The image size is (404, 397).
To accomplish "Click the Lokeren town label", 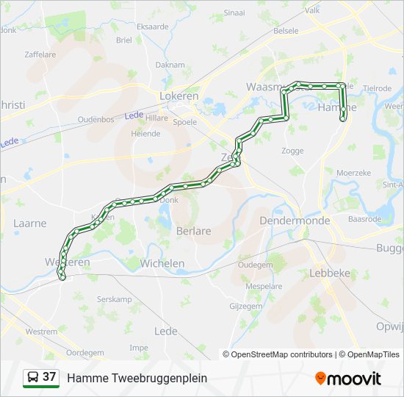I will click(179, 96).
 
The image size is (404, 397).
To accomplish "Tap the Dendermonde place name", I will click(294, 221).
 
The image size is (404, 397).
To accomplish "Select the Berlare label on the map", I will click(194, 231).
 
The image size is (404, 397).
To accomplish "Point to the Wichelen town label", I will click(162, 262).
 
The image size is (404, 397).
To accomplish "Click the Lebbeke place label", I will click(330, 272).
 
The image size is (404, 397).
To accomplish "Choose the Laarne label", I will click(29, 223).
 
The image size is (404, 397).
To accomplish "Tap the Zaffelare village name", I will click(40, 54).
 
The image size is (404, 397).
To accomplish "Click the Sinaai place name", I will click(234, 12).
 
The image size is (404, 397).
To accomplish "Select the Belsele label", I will click(286, 31).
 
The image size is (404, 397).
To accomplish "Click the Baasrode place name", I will click(364, 219).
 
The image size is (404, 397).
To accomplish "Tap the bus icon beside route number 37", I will click(33, 377).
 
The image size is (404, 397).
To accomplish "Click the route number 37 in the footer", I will click(49, 377).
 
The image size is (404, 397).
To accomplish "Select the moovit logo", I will click(348, 378).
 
